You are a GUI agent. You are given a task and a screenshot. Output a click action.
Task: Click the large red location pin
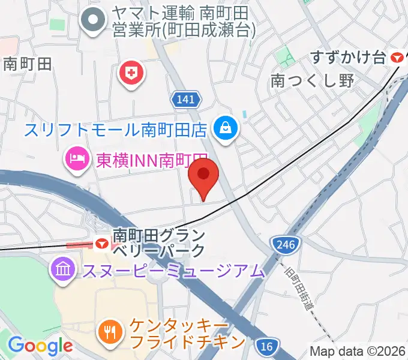(x=203, y=176)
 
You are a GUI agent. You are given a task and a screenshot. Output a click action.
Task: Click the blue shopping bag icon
(x=227, y=127)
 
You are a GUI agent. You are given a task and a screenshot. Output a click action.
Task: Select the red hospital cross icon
(x=132, y=74)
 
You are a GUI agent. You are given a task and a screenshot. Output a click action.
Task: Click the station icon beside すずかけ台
(x=397, y=58)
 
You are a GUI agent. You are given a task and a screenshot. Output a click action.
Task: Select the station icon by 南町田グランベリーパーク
(x=102, y=244)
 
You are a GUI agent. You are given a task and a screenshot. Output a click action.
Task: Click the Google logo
(x=40, y=346)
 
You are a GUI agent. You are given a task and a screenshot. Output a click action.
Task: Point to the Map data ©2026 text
(x=358, y=351)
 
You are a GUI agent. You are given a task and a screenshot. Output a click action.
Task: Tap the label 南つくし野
(x=313, y=81)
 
